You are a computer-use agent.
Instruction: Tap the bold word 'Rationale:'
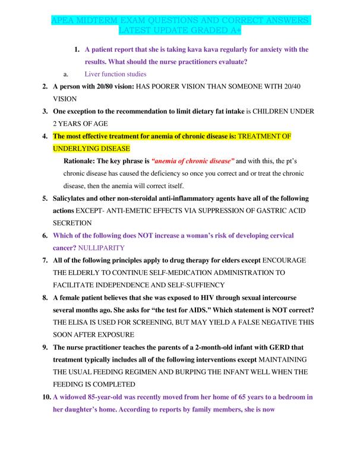(83, 161)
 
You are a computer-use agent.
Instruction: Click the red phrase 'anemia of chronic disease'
(194, 161)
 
